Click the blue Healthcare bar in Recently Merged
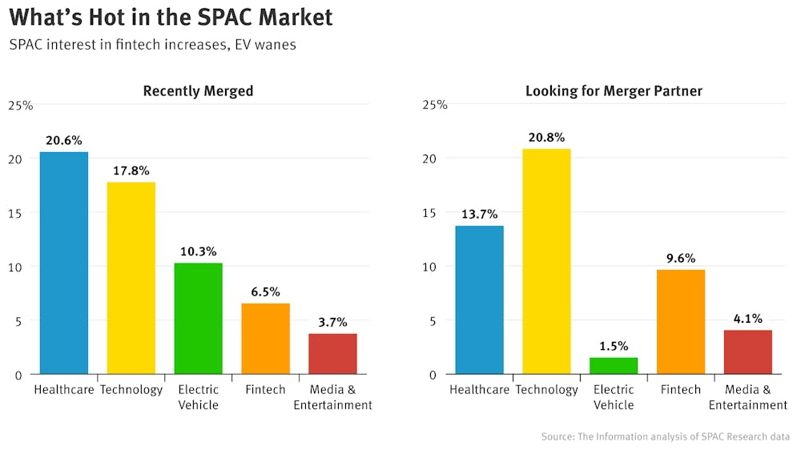[64, 263]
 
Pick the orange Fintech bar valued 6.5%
[266, 339]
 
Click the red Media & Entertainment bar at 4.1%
[748, 352]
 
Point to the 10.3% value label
[199, 251]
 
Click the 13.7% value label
[480, 215]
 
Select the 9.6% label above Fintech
[681, 259]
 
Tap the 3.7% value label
[332, 323]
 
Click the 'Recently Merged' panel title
[198, 91]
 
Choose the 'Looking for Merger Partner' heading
[614, 91]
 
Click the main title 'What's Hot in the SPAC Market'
[171, 18]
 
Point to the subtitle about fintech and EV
[153, 45]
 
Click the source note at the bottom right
[666, 436]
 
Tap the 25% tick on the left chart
[21, 105]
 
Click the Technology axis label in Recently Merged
[131, 390]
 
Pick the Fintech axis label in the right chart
[681, 390]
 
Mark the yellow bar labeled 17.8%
[131, 278]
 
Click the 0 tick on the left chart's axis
[17, 375]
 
